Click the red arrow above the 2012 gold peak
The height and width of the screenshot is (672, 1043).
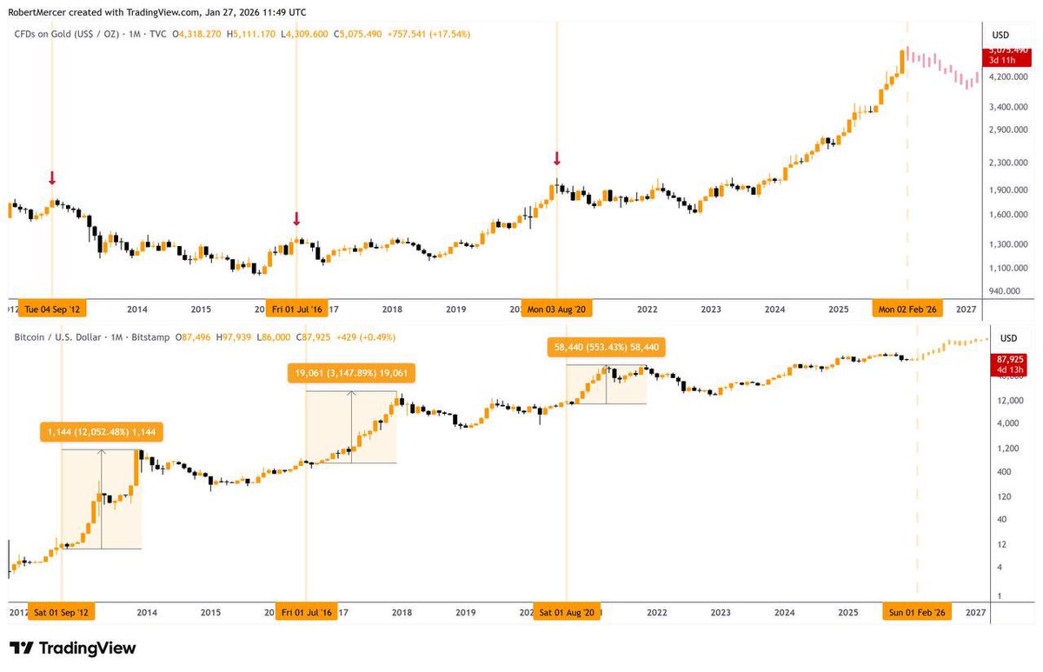tap(52, 178)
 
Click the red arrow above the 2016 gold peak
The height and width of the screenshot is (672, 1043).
tap(296, 218)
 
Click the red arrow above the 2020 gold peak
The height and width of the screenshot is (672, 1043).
tap(556, 158)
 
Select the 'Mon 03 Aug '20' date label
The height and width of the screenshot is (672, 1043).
tap(556, 309)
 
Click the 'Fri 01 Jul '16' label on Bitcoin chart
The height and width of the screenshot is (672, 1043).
tap(305, 612)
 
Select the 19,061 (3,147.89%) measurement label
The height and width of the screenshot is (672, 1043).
tap(350, 373)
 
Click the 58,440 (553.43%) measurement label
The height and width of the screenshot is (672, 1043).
tap(606, 348)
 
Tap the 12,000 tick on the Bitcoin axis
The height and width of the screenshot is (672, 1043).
tap(1007, 400)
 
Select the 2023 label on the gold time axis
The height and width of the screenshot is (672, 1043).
tap(710, 309)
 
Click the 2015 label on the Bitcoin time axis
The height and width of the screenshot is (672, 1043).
tap(210, 612)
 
